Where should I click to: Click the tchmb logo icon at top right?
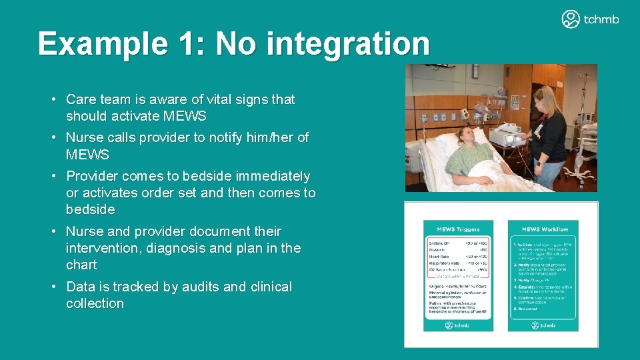point(571,19)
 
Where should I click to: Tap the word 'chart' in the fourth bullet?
point(81,265)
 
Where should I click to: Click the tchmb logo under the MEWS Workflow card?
point(542,325)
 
